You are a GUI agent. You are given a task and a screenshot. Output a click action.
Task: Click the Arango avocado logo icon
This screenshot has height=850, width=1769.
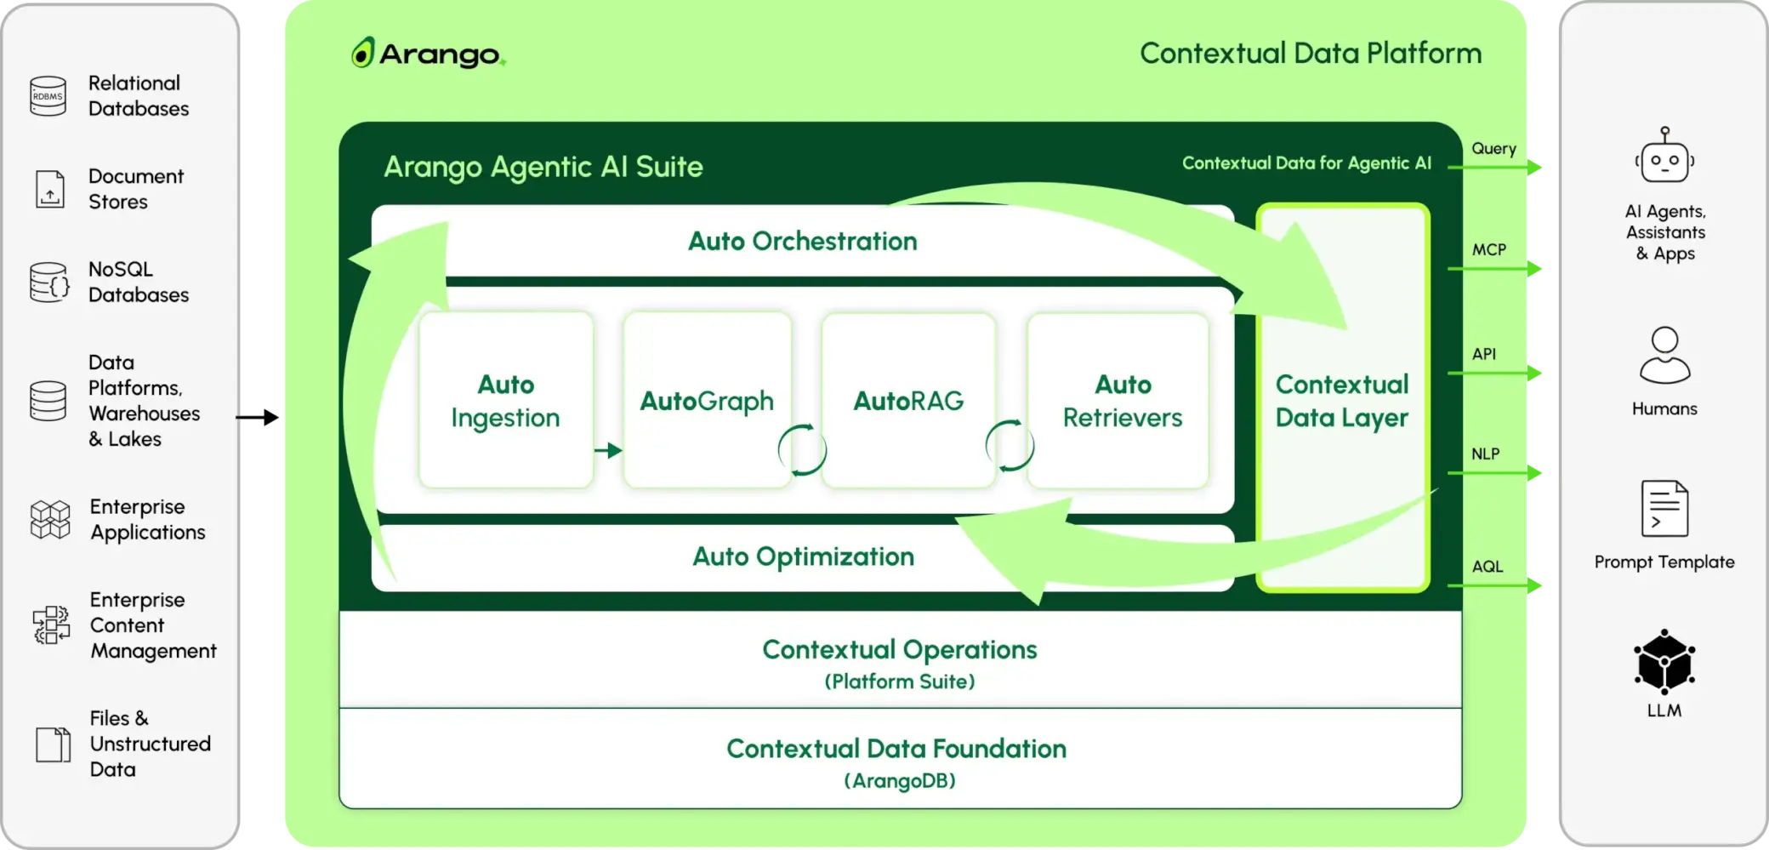coord(362,53)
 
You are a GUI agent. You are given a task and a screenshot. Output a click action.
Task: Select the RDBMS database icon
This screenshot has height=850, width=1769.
coord(48,96)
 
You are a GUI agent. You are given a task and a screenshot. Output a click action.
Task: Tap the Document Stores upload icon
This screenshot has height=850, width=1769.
coord(49,189)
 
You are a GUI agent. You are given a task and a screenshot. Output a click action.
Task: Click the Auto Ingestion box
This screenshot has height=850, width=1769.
coord(506,400)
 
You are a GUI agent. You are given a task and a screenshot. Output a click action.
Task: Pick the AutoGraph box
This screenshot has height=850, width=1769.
coord(707,400)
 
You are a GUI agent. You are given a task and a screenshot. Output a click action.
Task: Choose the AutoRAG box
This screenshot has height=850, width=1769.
coord(908,400)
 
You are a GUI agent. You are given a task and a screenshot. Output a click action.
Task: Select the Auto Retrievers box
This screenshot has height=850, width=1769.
coord(1122,400)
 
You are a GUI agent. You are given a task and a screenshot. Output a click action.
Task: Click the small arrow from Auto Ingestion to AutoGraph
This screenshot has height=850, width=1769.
coord(608,450)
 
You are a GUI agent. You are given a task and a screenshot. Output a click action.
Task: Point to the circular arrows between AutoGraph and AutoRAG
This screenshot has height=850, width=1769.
coord(802,449)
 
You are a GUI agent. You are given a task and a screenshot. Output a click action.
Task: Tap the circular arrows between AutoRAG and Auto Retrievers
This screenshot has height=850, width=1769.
coord(1010,446)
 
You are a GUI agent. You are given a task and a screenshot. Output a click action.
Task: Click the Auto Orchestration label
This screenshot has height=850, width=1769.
coord(802,241)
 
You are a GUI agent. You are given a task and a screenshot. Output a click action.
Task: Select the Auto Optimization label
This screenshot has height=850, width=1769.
coord(803,556)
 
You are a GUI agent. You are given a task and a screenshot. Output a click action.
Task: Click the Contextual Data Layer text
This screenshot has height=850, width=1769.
coord(1342,401)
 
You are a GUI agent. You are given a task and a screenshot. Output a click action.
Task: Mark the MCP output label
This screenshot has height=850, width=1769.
coord(1488,249)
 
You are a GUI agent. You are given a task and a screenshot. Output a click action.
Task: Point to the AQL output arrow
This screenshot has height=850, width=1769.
coord(1497,585)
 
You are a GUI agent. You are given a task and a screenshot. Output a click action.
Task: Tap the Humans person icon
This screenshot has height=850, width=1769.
coord(1664,356)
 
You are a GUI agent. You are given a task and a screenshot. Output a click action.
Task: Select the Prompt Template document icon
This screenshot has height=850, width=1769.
coord(1664,508)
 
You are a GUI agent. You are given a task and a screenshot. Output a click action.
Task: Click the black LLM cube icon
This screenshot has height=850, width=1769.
coord(1664,662)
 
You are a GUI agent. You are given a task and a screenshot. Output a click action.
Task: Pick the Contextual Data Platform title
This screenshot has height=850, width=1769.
coord(1311,53)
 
